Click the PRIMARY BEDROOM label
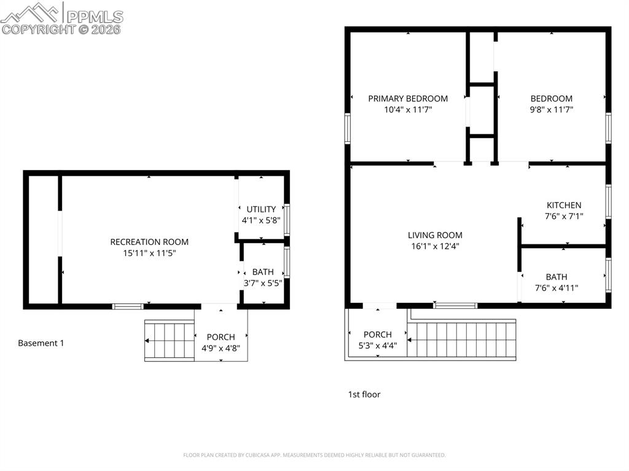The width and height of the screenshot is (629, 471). [x=408, y=98]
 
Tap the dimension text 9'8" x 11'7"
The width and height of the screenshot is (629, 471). [x=552, y=110]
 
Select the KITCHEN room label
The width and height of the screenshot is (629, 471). [x=564, y=205]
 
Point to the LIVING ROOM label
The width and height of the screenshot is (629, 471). [x=435, y=235]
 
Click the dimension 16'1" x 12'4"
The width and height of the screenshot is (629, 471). [x=435, y=246]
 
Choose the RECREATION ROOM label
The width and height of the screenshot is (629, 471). [x=149, y=242]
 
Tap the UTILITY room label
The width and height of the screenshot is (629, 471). [x=261, y=209]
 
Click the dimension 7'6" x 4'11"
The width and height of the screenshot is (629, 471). [x=557, y=288]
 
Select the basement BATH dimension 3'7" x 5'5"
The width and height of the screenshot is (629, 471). [x=262, y=283]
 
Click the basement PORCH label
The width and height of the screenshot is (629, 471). [x=221, y=337]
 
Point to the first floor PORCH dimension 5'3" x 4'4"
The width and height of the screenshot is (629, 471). [x=377, y=346]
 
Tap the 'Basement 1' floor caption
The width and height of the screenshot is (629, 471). [x=41, y=343]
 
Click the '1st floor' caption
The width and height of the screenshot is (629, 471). [x=364, y=394]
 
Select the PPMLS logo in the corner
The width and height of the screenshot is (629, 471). [x=61, y=18]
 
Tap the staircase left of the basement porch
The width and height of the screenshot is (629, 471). [x=169, y=341]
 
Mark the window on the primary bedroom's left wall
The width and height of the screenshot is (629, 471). [x=348, y=128]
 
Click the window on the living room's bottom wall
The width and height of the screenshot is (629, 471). [x=455, y=305]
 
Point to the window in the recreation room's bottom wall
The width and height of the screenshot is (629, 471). [x=128, y=306]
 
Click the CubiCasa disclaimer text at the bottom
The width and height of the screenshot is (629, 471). [x=314, y=455]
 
